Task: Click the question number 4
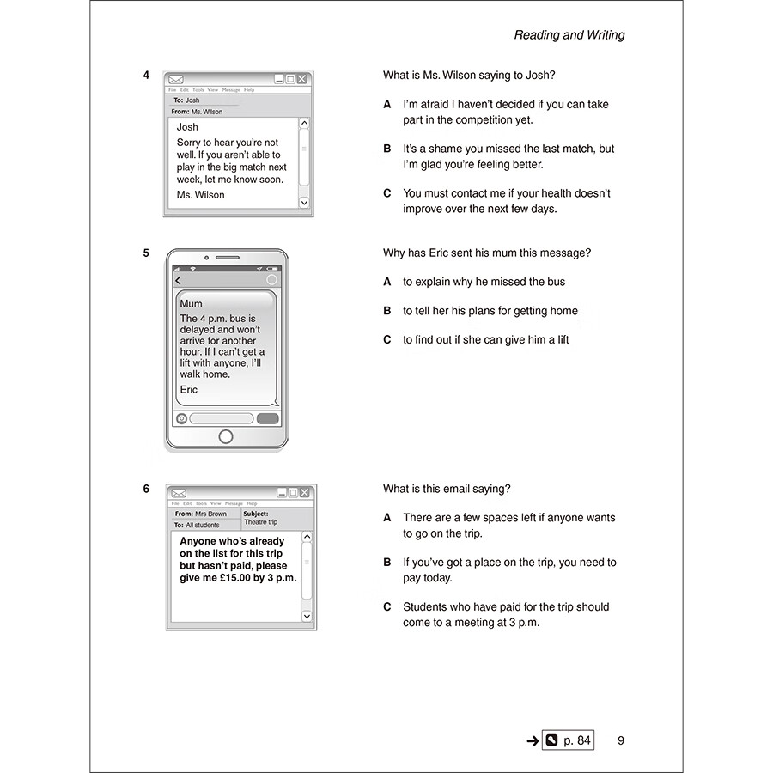[147, 76]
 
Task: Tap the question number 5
[147, 253]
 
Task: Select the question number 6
[147, 489]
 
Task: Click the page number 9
[621, 740]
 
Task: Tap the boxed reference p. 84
[568, 740]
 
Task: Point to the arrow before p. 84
[532, 740]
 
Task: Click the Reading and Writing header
[569, 35]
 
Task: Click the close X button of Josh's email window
[302, 79]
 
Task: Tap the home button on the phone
[226, 436]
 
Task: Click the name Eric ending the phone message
[189, 390]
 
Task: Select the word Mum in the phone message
[192, 304]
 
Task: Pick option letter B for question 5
[386, 311]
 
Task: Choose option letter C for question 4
[386, 193]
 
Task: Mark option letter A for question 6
[386, 518]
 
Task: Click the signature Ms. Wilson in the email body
[200, 195]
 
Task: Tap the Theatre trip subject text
[261, 522]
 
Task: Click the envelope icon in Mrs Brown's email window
[179, 493]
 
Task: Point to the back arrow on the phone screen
[178, 280]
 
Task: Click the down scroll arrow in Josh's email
[303, 203]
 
